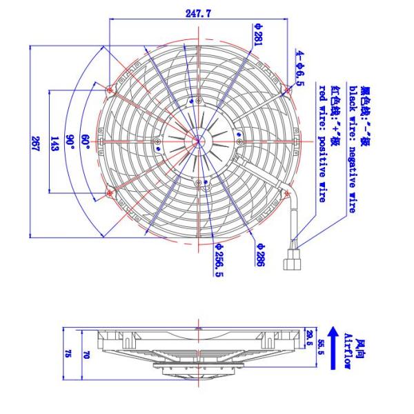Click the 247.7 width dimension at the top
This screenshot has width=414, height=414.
[198, 12]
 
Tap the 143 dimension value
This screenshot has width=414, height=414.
[55, 142]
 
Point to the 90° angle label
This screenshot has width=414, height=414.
[70, 142]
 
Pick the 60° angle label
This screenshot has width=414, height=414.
[86, 142]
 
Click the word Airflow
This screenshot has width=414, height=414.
[349, 353]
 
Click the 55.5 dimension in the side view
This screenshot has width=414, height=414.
[320, 349]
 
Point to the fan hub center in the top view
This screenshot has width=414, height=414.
[199, 142]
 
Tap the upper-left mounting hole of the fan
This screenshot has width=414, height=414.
[111, 89]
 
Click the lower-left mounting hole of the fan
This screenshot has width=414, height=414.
[111, 195]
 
